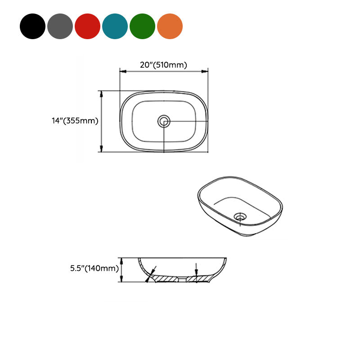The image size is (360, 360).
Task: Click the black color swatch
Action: (x=32, y=26)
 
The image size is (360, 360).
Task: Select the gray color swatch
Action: (x=60, y=26)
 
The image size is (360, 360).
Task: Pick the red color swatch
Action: (x=87, y=26)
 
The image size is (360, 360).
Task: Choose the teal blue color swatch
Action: (x=115, y=26)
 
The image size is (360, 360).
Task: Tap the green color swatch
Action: (x=142, y=26)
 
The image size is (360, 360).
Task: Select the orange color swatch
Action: (x=170, y=26)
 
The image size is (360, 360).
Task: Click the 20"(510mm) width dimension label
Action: (x=163, y=65)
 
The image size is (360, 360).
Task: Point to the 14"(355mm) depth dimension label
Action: (x=75, y=121)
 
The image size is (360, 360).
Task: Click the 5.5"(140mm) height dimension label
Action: (x=94, y=269)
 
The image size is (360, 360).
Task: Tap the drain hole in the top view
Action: (x=164, y=121)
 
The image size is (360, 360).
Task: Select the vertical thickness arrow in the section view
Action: (x=196, y=270)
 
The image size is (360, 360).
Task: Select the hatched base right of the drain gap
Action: (x=197, y=279)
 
